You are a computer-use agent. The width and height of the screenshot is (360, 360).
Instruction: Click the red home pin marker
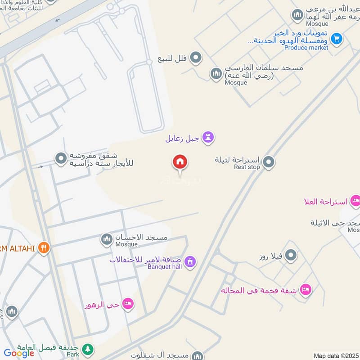click(x=180, y=162)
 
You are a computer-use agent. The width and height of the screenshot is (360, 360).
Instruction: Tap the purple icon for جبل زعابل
click(x=208, y=137)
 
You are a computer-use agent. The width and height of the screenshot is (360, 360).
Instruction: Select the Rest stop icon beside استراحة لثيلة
click(x=269, y=162)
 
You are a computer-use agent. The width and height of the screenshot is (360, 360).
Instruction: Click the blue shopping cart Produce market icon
click(x=337, y=40)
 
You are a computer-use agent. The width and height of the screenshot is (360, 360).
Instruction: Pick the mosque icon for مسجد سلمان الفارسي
click(x=216, y=73)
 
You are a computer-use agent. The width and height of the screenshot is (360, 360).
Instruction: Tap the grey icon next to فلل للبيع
click(x=196, y=58)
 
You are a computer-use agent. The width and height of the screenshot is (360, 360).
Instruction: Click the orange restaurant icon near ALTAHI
click(x=43, y=247)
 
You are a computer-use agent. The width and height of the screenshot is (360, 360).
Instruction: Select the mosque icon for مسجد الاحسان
click(x=107, y=238)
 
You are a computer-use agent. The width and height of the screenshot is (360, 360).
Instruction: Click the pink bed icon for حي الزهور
click(x=128, y=304)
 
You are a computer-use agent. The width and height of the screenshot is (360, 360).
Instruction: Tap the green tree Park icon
click(x=89, y=348)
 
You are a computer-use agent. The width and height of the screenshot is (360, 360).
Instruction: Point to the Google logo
click(x=19, y=354)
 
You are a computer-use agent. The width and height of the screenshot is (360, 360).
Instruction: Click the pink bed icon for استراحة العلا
click(x=355, y=201)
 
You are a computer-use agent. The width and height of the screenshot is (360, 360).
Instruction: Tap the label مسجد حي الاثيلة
click(x=335, y=223)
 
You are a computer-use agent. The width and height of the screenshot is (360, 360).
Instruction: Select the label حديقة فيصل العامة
click(x=49, y=348)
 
